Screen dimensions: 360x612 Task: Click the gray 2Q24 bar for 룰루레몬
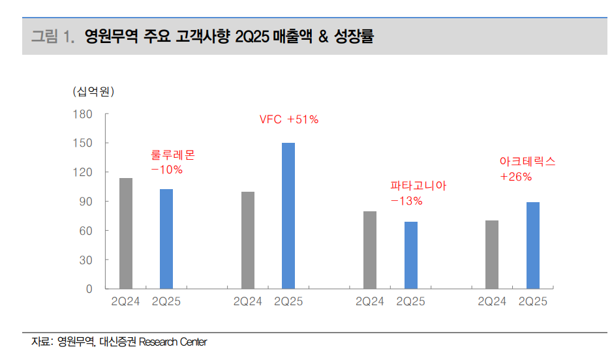point(126,233)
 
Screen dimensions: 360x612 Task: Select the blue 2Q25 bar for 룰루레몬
point(166,239)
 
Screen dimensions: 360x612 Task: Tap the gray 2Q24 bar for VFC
point(248,240)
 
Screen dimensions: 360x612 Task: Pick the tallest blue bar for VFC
point(288,215)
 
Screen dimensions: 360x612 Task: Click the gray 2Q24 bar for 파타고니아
point(370,250)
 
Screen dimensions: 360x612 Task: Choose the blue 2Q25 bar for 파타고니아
point(410,255)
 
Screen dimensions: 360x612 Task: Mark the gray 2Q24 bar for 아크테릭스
point(492,254)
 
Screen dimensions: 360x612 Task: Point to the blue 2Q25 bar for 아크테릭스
point(533,245)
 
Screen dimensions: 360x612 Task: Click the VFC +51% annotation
point(289,119)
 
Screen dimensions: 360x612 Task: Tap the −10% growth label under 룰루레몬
point(166,170)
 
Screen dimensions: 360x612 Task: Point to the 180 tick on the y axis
point(102,114)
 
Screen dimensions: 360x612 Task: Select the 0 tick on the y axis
point(108,289)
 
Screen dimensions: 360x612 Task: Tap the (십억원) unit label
point(93,91)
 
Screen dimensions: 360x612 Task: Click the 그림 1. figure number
point(54,37)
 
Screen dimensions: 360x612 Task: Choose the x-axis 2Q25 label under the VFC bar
point(288,301)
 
